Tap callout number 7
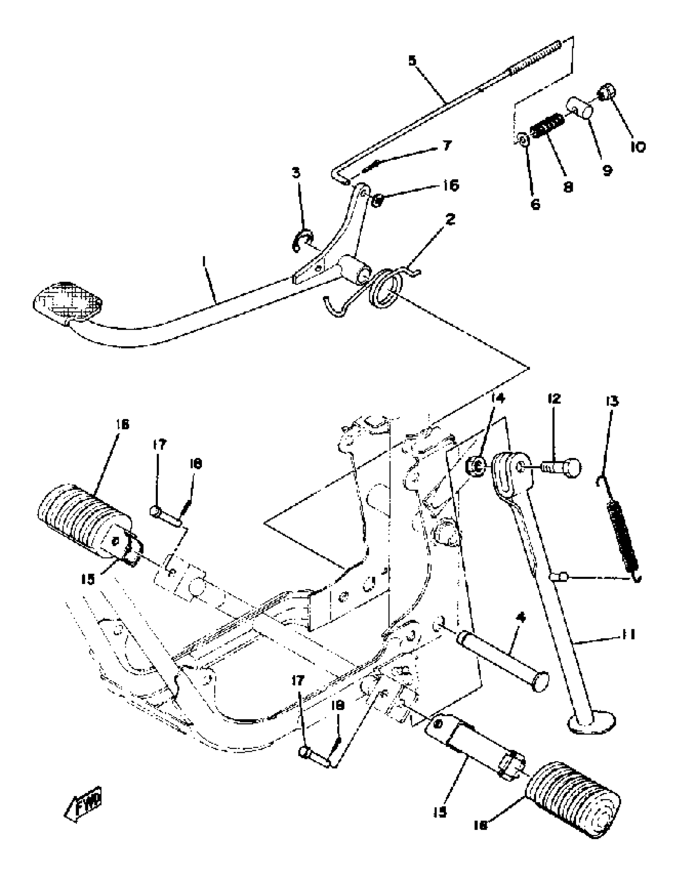tap(447, 145)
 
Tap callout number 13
tap(612, 401)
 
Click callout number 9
tap(606, 170)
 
